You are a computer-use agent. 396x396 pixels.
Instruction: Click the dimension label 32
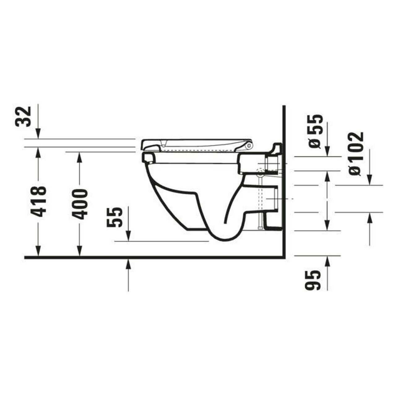pyautogui.click(x=24, y=116)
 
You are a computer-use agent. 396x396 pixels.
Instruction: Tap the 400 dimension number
pyautogui.click(x=80, y=204)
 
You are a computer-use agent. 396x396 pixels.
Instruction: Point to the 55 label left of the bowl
pyautogui.click(x=115, y=217)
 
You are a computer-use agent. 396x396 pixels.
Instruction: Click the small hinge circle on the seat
pyautogui.click(x=249, y=144)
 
